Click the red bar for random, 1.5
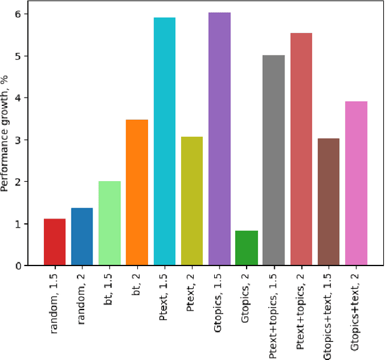coord(55,242)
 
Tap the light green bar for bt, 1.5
coord(109,223)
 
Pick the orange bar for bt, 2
coord(137,193)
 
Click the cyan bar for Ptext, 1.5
coord(164,141)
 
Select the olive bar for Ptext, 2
coord(192,201)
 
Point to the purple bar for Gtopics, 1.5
coord(219,139)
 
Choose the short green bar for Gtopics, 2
coord(247,248)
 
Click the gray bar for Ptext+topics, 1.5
coord(274,160)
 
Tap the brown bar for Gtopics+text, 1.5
coord(328,202)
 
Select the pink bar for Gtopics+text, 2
coord(356,183)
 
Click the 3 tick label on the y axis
coord(25,140)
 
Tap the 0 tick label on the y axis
coord(25,266)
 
